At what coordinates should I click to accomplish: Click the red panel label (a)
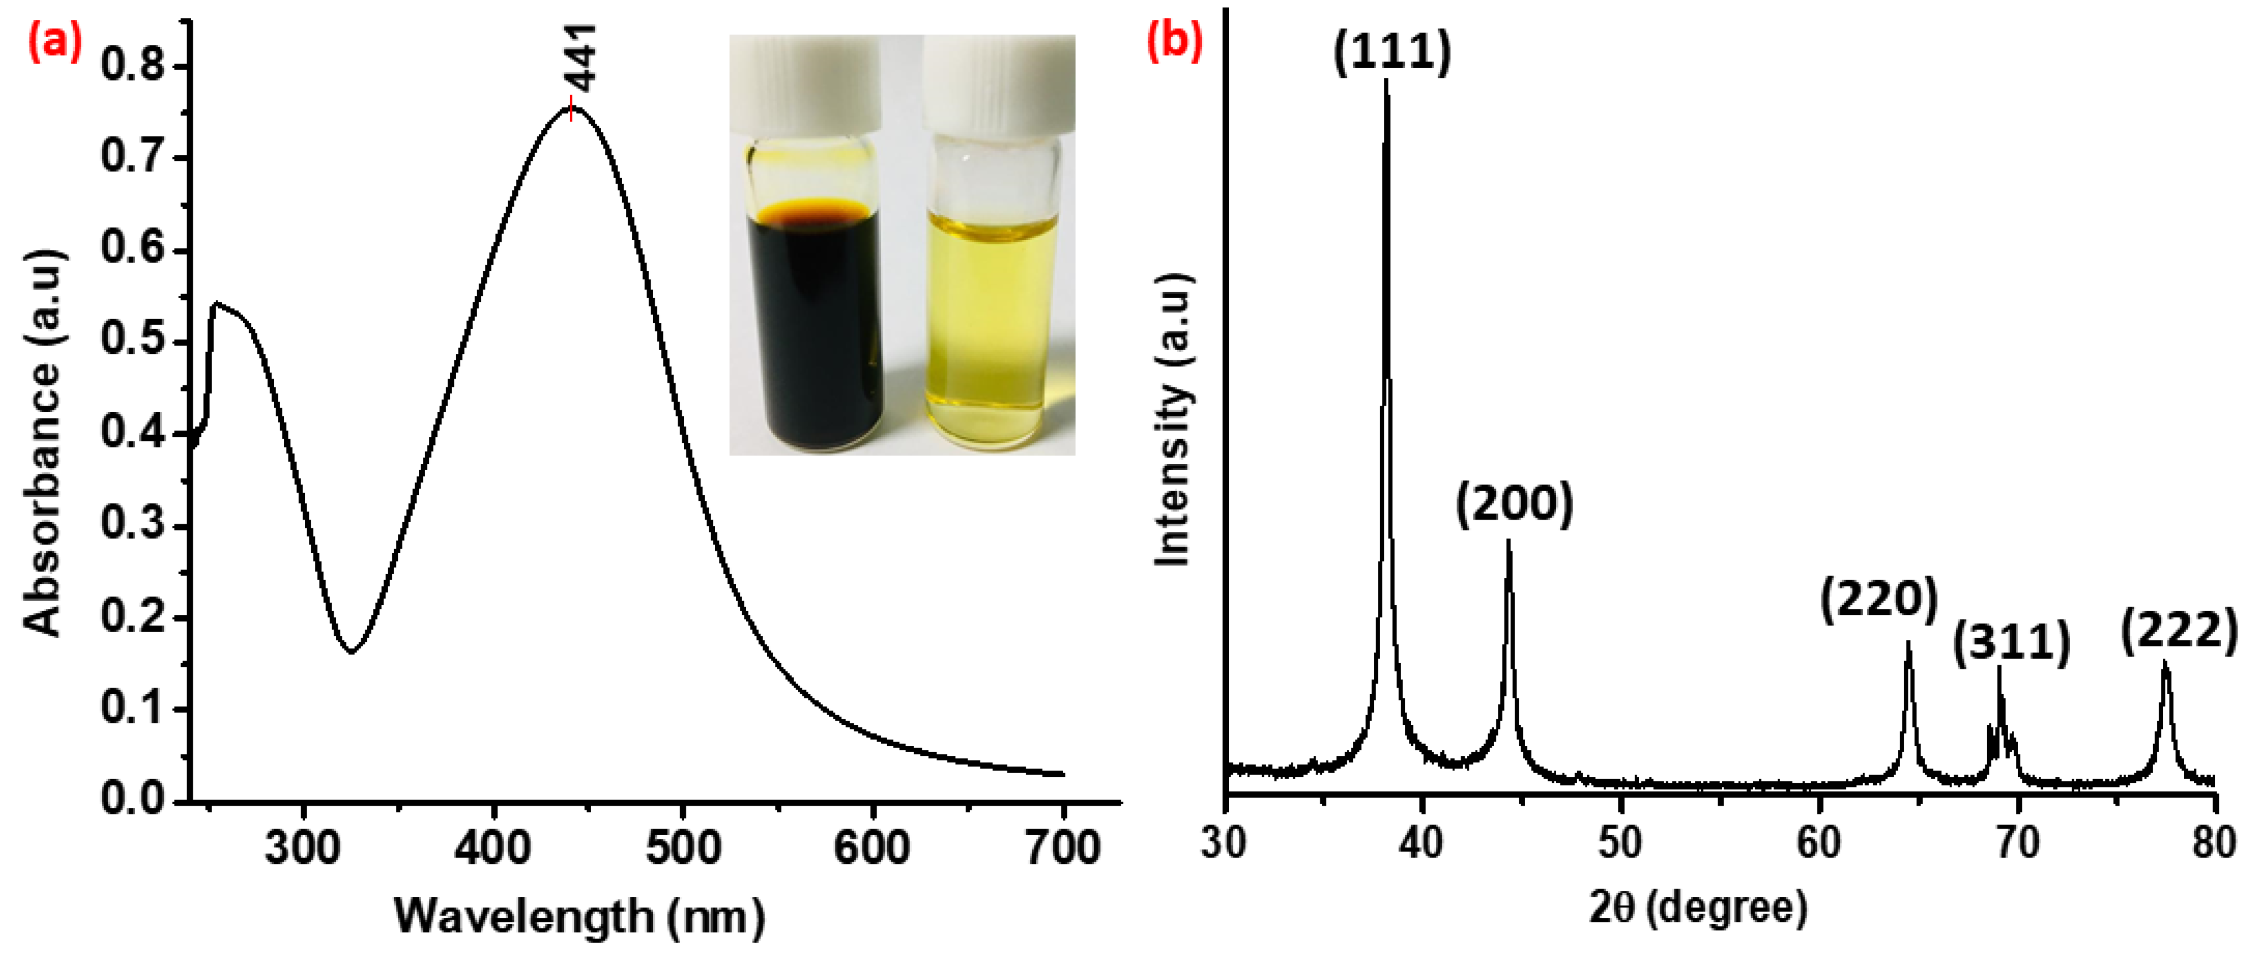coord(54,42)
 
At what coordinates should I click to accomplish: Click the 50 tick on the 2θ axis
coord(1621,842)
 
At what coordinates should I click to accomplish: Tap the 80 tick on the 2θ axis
coord(2214,842)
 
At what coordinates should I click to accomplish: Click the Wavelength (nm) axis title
coord(579,916)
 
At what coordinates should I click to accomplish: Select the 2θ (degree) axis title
coord(1698,908)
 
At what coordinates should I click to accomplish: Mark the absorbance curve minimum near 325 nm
coord(351,651)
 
